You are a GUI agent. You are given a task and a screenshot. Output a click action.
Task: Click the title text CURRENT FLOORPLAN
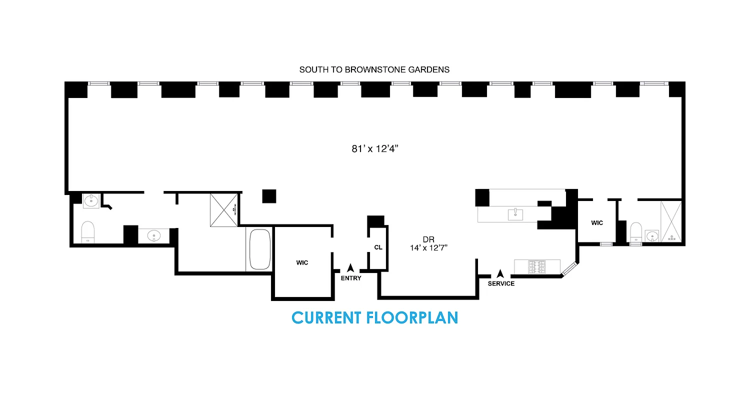[x=374, y=318]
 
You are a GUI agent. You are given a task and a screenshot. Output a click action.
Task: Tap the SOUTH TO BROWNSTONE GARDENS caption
[x=374, y=70]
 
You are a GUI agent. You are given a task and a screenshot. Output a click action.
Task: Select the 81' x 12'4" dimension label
[x=375, y=148]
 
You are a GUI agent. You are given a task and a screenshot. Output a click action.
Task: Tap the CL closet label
[x=378, y=247]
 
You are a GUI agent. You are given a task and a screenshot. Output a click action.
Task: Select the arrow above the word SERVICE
[x=500, y=274]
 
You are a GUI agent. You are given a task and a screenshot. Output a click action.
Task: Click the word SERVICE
[x=501, y=283]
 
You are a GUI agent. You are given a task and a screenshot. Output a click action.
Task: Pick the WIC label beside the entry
[x=302, y=262]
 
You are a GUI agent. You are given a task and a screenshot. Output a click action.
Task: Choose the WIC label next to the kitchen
[x=597, y=223]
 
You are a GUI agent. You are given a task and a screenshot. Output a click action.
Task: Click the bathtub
[x=259, y=249]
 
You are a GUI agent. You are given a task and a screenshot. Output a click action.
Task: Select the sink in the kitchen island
[x=515, y=215]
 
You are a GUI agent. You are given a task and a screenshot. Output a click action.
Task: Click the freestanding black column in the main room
[x=269, y=196]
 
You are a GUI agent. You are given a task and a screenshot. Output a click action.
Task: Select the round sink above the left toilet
[x=91, y=201]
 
